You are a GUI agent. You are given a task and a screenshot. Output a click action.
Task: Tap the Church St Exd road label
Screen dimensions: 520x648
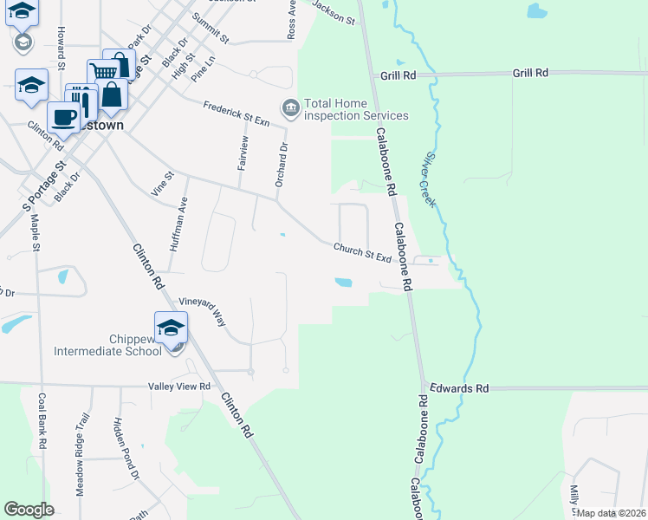point(364,254)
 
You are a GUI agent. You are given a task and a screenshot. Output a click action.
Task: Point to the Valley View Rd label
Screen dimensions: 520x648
point(179,387)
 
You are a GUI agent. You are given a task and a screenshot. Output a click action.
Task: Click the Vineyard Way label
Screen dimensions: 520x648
point(202,311)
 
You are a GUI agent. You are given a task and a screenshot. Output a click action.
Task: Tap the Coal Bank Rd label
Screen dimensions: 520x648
point(42,421)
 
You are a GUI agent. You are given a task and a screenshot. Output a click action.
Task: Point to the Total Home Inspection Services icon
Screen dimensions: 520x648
point(289,107)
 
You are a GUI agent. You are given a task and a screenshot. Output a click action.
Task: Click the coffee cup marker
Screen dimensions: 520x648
point(63,116)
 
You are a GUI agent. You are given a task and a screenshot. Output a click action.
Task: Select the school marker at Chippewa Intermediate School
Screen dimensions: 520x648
point(171,327)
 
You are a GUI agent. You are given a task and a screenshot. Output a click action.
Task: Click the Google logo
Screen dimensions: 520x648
point(29,510)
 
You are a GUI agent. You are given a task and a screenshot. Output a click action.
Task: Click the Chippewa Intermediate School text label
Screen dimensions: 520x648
point(107,344)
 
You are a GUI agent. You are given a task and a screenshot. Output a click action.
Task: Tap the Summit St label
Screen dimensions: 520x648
point(211,29)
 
